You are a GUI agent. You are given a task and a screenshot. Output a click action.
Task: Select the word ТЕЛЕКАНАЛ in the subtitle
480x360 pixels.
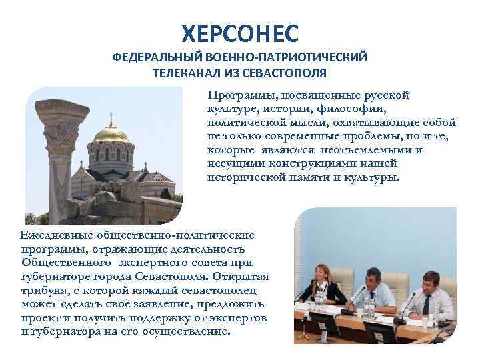tap(189, 72)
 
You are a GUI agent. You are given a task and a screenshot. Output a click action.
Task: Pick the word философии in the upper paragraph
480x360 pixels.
tap(354, 109)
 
